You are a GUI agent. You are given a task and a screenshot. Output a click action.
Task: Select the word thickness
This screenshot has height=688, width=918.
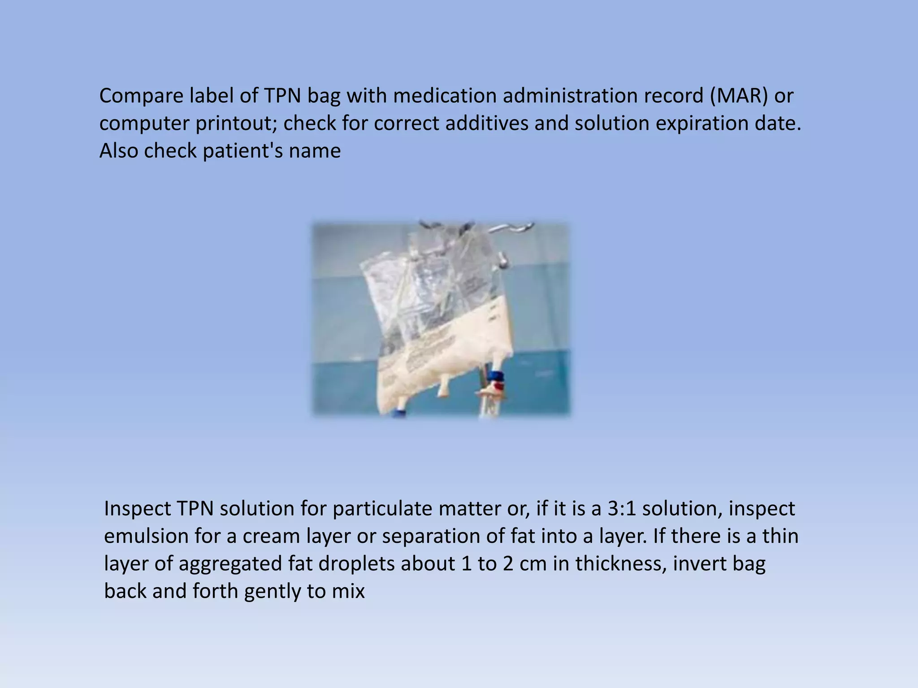(620, 564)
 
